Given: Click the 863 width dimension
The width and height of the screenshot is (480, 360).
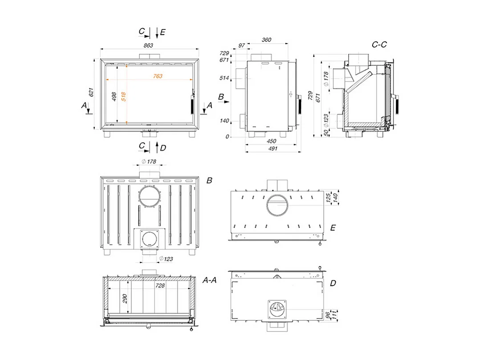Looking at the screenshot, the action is pos(148,45).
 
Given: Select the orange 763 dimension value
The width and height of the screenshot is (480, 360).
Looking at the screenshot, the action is pos(158,76).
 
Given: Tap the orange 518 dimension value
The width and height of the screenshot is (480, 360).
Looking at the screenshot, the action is pos(123,97).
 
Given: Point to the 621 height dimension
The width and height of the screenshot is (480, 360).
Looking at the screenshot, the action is pos(91,92).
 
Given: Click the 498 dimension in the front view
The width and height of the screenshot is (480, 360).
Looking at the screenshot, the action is pos(114,97).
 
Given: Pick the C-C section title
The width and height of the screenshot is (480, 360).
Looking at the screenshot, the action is pos(379,45).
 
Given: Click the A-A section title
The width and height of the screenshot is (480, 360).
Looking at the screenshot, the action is pos(209,280).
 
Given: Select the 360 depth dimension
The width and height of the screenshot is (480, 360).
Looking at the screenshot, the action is pos(266,40).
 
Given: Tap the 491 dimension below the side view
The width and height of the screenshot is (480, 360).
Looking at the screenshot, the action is pos(273,149).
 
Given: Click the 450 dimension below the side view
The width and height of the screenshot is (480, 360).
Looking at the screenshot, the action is pos(271,141).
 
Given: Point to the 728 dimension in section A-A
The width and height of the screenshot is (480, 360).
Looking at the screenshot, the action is pos(160,286).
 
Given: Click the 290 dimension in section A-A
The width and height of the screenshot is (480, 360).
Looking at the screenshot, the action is pos(125,299).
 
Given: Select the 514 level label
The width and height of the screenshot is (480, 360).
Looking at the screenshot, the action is pos(224,78).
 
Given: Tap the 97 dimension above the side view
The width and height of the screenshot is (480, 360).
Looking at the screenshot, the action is pos(241,45).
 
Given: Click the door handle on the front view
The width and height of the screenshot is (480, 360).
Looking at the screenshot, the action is pos(192,104).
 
